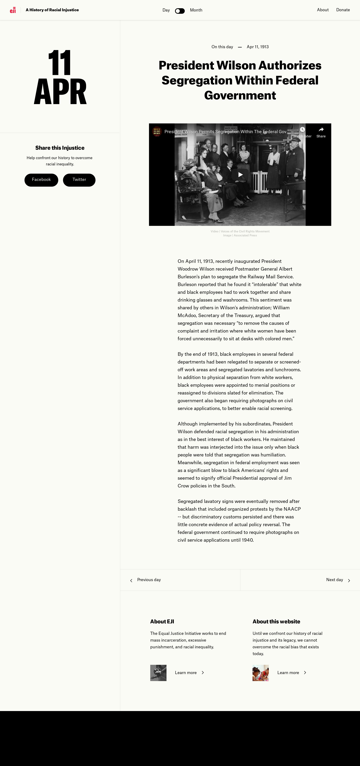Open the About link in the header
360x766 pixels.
pyautogui.click(x=322, y=10)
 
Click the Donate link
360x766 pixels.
pyautogui.click(x=343, y=10)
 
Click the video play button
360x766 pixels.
pyautogui.click(x=240, y=175)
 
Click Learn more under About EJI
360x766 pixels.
pyautogui.click(x=186, y=673)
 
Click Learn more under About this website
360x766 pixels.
pyautogui.click(x=288, y=673)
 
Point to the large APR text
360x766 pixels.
pyautogui.click(x=60, y=92)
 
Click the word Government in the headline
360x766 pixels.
pyautogui.click(x=240, y=95)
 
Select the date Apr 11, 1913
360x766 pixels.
pyautogui.click(x=258, y=47)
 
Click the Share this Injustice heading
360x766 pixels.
pyautogui.click(x=60, y=148)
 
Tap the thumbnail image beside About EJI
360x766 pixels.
pyautogui.click(x=158, y=673)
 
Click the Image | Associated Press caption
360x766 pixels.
pyautogui.click(x=240, y=235)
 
